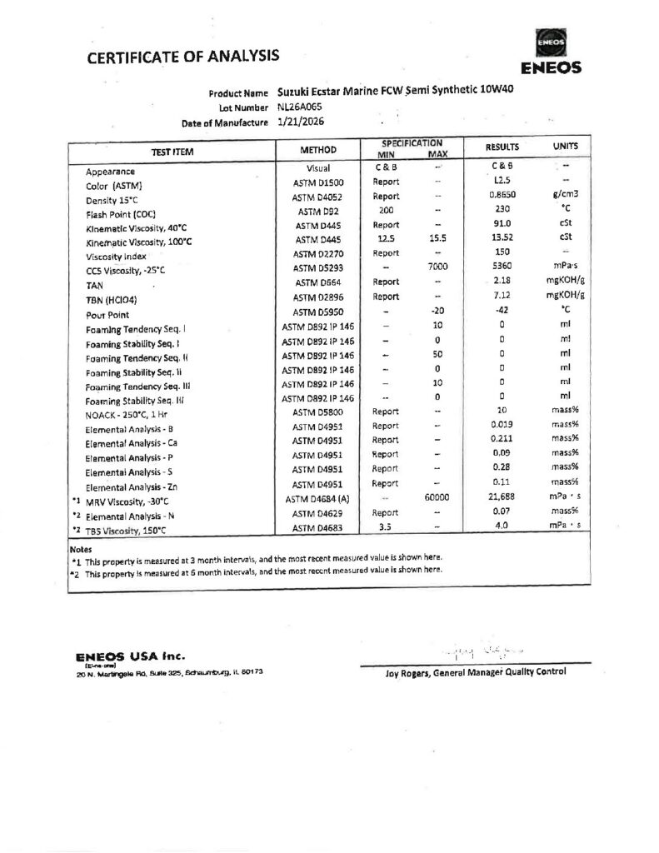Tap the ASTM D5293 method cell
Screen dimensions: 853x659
[x=317, y=268]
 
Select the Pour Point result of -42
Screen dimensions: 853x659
[x=501, y=312]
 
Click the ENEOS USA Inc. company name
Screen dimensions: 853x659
[x=129, y=656]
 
